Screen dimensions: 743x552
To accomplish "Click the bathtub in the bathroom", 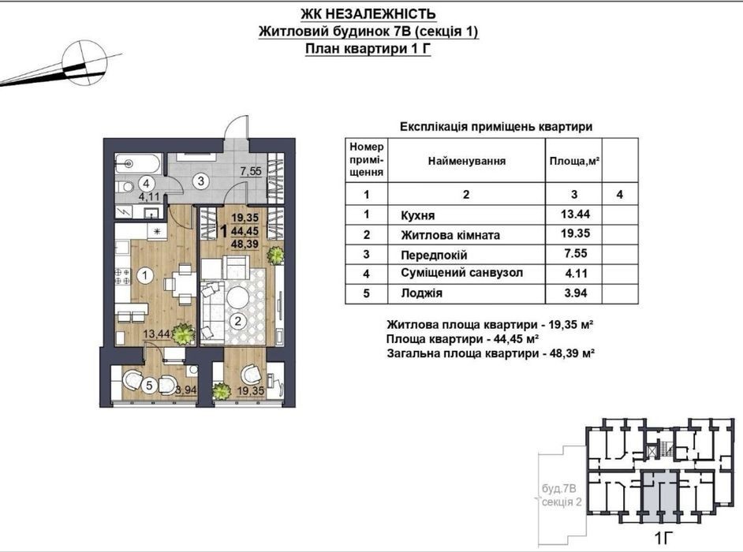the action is click(138, 164).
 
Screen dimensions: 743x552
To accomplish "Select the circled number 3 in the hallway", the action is click(201, 181).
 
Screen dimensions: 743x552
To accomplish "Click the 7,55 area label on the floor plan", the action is click(251, 171).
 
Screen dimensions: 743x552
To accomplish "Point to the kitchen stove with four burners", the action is click(123, 276).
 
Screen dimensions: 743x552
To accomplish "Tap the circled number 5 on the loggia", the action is click(149, 385).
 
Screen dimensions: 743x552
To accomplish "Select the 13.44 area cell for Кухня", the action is click(575, 214).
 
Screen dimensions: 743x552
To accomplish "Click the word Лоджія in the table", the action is click(421, 293).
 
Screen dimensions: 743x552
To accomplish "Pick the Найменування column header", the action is click(467, 161).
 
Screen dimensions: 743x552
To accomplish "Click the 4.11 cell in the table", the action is click(575, 274).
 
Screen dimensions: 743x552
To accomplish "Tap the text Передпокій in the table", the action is click(434, 255).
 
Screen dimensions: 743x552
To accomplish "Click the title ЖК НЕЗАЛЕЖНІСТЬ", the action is click(368, 13).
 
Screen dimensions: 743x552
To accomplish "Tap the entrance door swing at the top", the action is click(236, 127).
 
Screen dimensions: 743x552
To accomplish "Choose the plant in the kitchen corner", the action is click(182, 333).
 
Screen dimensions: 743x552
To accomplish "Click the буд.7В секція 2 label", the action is click(561, 495).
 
